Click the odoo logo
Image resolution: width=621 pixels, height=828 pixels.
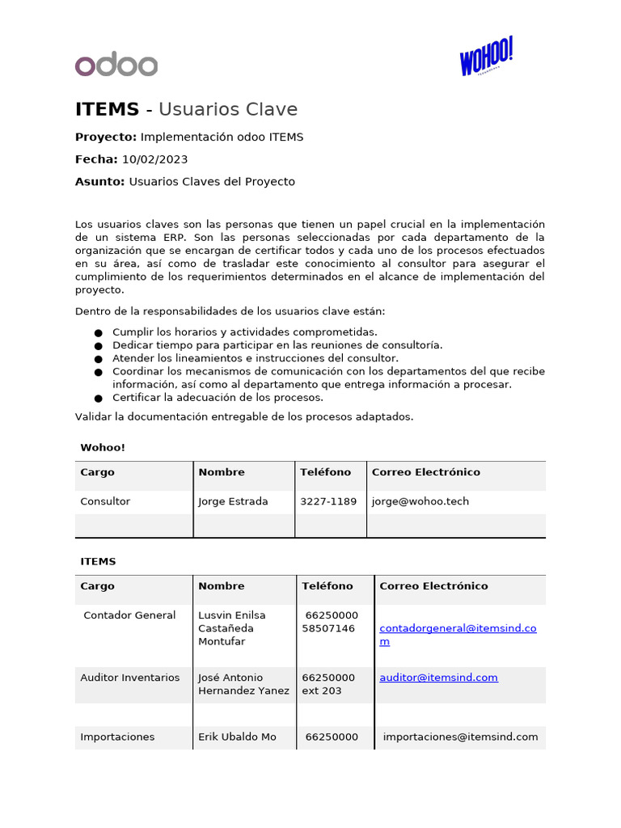[116, 65]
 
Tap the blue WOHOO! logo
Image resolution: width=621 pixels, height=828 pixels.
[486, 57]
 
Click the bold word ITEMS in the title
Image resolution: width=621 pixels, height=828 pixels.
[107, 110]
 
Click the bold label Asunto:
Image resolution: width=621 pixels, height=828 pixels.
[99, 182]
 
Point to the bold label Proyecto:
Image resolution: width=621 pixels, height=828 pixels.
[106, 137]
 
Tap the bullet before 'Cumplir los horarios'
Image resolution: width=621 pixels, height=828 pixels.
[98, 332]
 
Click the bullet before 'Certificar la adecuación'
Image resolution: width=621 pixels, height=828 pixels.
[98, 398]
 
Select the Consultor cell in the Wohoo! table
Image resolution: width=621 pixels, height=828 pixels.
[105, 501]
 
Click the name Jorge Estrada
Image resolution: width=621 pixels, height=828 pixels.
[233, 501]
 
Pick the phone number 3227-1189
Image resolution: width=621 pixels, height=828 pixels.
[328, 501]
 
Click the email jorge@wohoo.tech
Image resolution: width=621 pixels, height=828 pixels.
[420, 501]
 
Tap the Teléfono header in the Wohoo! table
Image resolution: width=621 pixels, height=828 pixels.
[326, 472]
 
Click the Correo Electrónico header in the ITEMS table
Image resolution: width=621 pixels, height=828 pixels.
[433, 586]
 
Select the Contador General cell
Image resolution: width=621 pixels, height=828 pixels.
[129, 615]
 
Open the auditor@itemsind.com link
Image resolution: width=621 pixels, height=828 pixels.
[438, 678]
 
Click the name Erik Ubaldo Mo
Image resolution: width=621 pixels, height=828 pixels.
[237, 737]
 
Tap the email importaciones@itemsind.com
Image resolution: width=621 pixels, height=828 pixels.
[460, 737]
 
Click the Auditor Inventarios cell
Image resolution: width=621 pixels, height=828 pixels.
[130, 678]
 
